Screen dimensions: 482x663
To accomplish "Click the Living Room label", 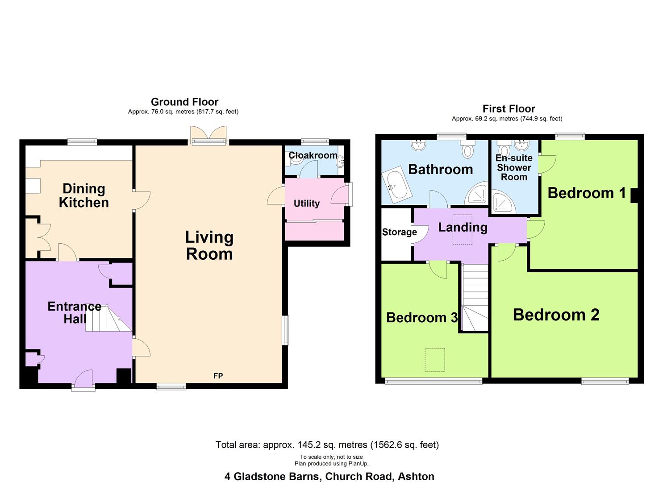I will click(209, 245).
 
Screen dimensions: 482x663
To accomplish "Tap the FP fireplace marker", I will click(218, 376).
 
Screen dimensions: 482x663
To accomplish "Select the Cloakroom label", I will click(313, 155).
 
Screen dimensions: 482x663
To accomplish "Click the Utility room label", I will click(306, 204).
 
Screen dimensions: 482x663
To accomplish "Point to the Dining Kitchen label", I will click(83, 195).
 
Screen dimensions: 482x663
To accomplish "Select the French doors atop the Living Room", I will click(208, 135).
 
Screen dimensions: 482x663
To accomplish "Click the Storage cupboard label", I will click(399, 232).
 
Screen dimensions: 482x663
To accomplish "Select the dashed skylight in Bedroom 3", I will click(434, 360).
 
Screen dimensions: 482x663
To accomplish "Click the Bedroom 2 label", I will click(556, 315).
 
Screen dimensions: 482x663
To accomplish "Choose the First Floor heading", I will click(509, 108).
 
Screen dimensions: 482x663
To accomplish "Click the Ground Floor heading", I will click(184, 102).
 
